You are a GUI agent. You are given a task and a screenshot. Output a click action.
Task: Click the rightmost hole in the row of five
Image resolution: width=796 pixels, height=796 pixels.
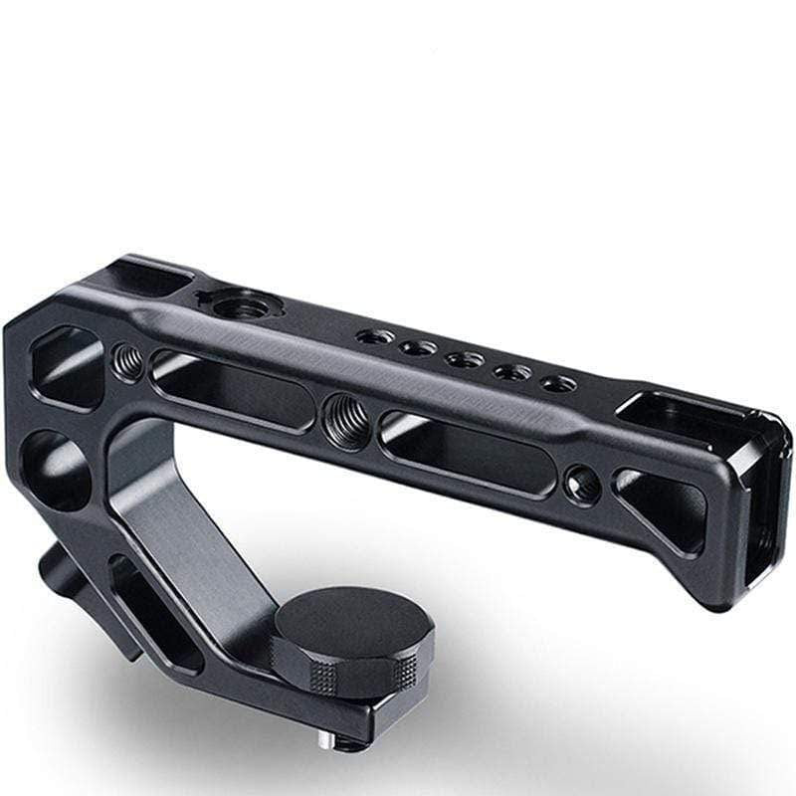point(557,383)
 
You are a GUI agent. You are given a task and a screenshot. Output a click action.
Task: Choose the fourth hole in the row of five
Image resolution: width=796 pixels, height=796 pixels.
point(512,372)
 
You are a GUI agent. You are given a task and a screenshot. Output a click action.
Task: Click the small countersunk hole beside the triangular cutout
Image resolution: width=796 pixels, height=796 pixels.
point(581,485)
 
